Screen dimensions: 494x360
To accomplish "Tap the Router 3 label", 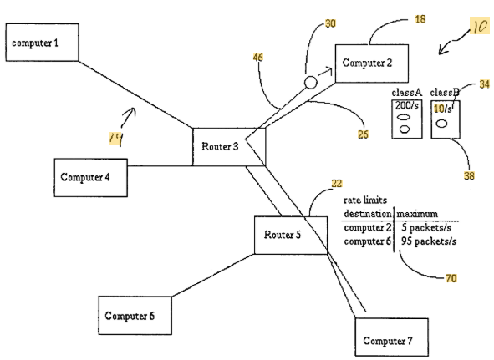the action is click(x=220, y=146).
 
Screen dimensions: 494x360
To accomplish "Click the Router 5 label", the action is click(x=283, y=235).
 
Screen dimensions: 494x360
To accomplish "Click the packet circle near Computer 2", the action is click(x=311, y=83).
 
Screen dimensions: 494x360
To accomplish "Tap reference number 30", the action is click(x=330, y=23).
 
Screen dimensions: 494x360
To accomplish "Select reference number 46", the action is click(x=257, y=58).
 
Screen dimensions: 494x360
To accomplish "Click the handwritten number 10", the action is click(x=480, y=27).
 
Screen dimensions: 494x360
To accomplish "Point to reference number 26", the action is click(x=363, y=134).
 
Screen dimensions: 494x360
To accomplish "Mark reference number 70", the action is click(x=451, y=278).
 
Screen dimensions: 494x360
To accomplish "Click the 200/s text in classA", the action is click(x=407, y=105).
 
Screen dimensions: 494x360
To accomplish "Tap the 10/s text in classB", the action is click(x=443, y=109).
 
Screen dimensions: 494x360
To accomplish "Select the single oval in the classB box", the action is click(x=441, y=124).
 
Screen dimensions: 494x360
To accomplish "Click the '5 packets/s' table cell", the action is click(x=426, y=227).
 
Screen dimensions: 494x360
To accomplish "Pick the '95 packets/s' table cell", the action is click(x=429, y=241).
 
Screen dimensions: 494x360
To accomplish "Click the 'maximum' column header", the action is click(x=417, y=214).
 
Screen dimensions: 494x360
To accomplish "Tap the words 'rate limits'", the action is click(x=364, y=200).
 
